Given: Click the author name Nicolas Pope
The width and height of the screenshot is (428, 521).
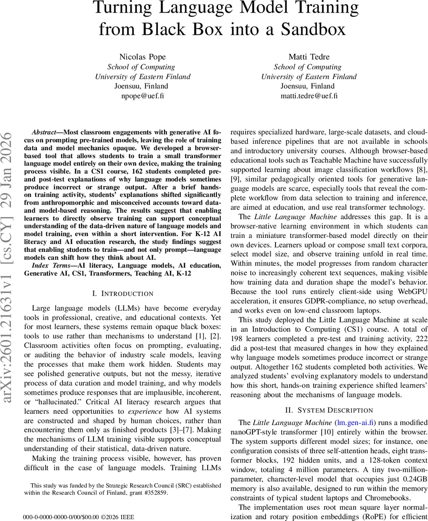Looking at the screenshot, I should tap(143, 57).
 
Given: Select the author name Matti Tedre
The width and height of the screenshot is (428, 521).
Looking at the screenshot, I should tap(309, 57).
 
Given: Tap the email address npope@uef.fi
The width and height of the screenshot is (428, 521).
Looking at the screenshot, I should tap(143, 96).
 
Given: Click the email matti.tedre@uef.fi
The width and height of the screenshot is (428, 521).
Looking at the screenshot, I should tap(309, 96).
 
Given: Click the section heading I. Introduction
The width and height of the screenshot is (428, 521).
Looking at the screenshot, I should tap(123, 294).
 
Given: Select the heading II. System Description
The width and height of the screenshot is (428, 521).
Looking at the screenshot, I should tap(329, 410).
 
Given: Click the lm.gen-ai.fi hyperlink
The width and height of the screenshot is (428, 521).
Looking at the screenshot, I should tap(356, 422).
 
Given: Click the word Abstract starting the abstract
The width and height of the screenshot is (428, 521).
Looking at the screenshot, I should tap(44, 132).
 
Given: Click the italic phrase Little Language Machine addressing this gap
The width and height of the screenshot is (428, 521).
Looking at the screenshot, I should tap(289, 216).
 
